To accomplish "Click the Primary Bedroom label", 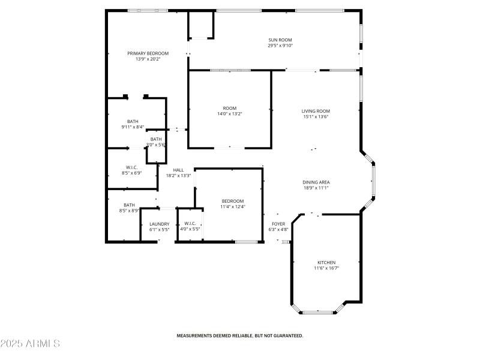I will (148, 53).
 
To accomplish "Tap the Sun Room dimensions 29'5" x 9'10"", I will (280, 46).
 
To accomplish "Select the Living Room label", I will (316, 111).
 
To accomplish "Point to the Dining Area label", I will (316, 182).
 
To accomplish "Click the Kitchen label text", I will (326, 262).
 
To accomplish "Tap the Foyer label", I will (278, 224).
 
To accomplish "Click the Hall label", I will (178, 170).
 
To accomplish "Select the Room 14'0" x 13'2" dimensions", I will (230, 114).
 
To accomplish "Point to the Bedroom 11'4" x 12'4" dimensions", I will (233, 207).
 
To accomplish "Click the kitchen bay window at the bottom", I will (319, 312).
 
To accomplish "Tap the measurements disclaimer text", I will (239, 336).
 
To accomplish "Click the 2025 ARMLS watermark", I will (30, 344).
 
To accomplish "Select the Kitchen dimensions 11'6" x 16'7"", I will (326, 268).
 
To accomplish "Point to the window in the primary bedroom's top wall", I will (148, 10).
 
